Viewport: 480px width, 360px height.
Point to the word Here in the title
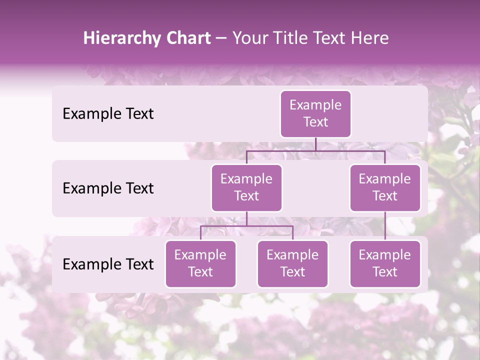[x=370, y=38]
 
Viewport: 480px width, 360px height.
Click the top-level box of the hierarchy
[x=315, y=113]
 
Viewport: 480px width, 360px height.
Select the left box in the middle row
[x=246, y=187]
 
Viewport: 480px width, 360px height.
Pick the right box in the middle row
[x=384, y=187]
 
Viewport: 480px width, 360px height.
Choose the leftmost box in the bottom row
[x=200, y=263]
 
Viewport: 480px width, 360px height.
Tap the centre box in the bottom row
[x=292, y=263]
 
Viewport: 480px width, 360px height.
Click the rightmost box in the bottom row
[x=384, y=263]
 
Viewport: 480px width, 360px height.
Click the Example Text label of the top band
[x=108, y=114]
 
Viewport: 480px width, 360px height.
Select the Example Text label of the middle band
[x=108, y=188]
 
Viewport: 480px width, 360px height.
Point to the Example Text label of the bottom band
[x=108, y=264]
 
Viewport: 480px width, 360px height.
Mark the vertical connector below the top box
[x=315, y=144]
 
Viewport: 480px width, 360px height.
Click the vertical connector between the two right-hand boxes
[x=384, y=226]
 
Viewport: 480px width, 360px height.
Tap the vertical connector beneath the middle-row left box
[x=246, y=218]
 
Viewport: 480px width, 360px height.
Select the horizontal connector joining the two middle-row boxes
[x=315, y=150]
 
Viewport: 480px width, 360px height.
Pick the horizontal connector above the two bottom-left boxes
[x=246, y=226]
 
